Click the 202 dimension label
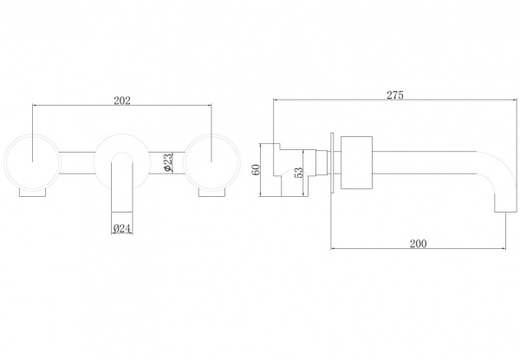click(122, 101)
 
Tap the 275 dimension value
click(395, 95)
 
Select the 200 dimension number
click(419, 244)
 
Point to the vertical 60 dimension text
click(256, 169)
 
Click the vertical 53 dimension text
click(298, 173)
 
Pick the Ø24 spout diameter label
click(121, 228)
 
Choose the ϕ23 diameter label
click(168, 162)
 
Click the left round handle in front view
click(33, 162)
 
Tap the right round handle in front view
click(211, 162)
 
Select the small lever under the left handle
click(33, 193)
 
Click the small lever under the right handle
click(211, 193)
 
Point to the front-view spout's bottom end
click(122, 212)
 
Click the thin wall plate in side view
click(332, 162)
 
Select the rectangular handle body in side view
click(356, 162)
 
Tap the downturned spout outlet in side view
click(506, 202)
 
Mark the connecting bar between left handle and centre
click(77, 162)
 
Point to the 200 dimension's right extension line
click(506, 231)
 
